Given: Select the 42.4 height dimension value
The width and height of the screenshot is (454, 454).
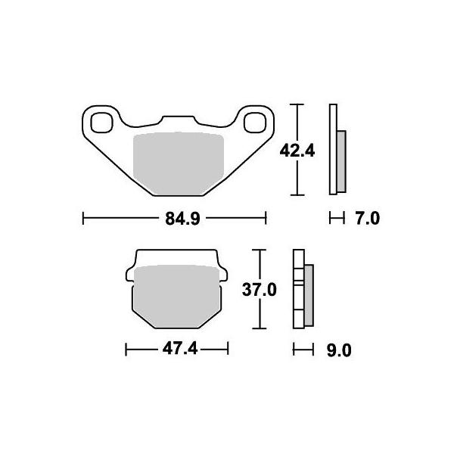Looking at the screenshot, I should (297, 150).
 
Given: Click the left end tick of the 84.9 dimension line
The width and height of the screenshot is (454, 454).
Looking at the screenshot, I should (82, 219).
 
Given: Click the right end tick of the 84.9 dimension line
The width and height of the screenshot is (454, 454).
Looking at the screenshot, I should (266, 219).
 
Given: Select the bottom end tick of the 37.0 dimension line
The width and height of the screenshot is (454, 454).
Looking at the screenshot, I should (260, 328).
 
